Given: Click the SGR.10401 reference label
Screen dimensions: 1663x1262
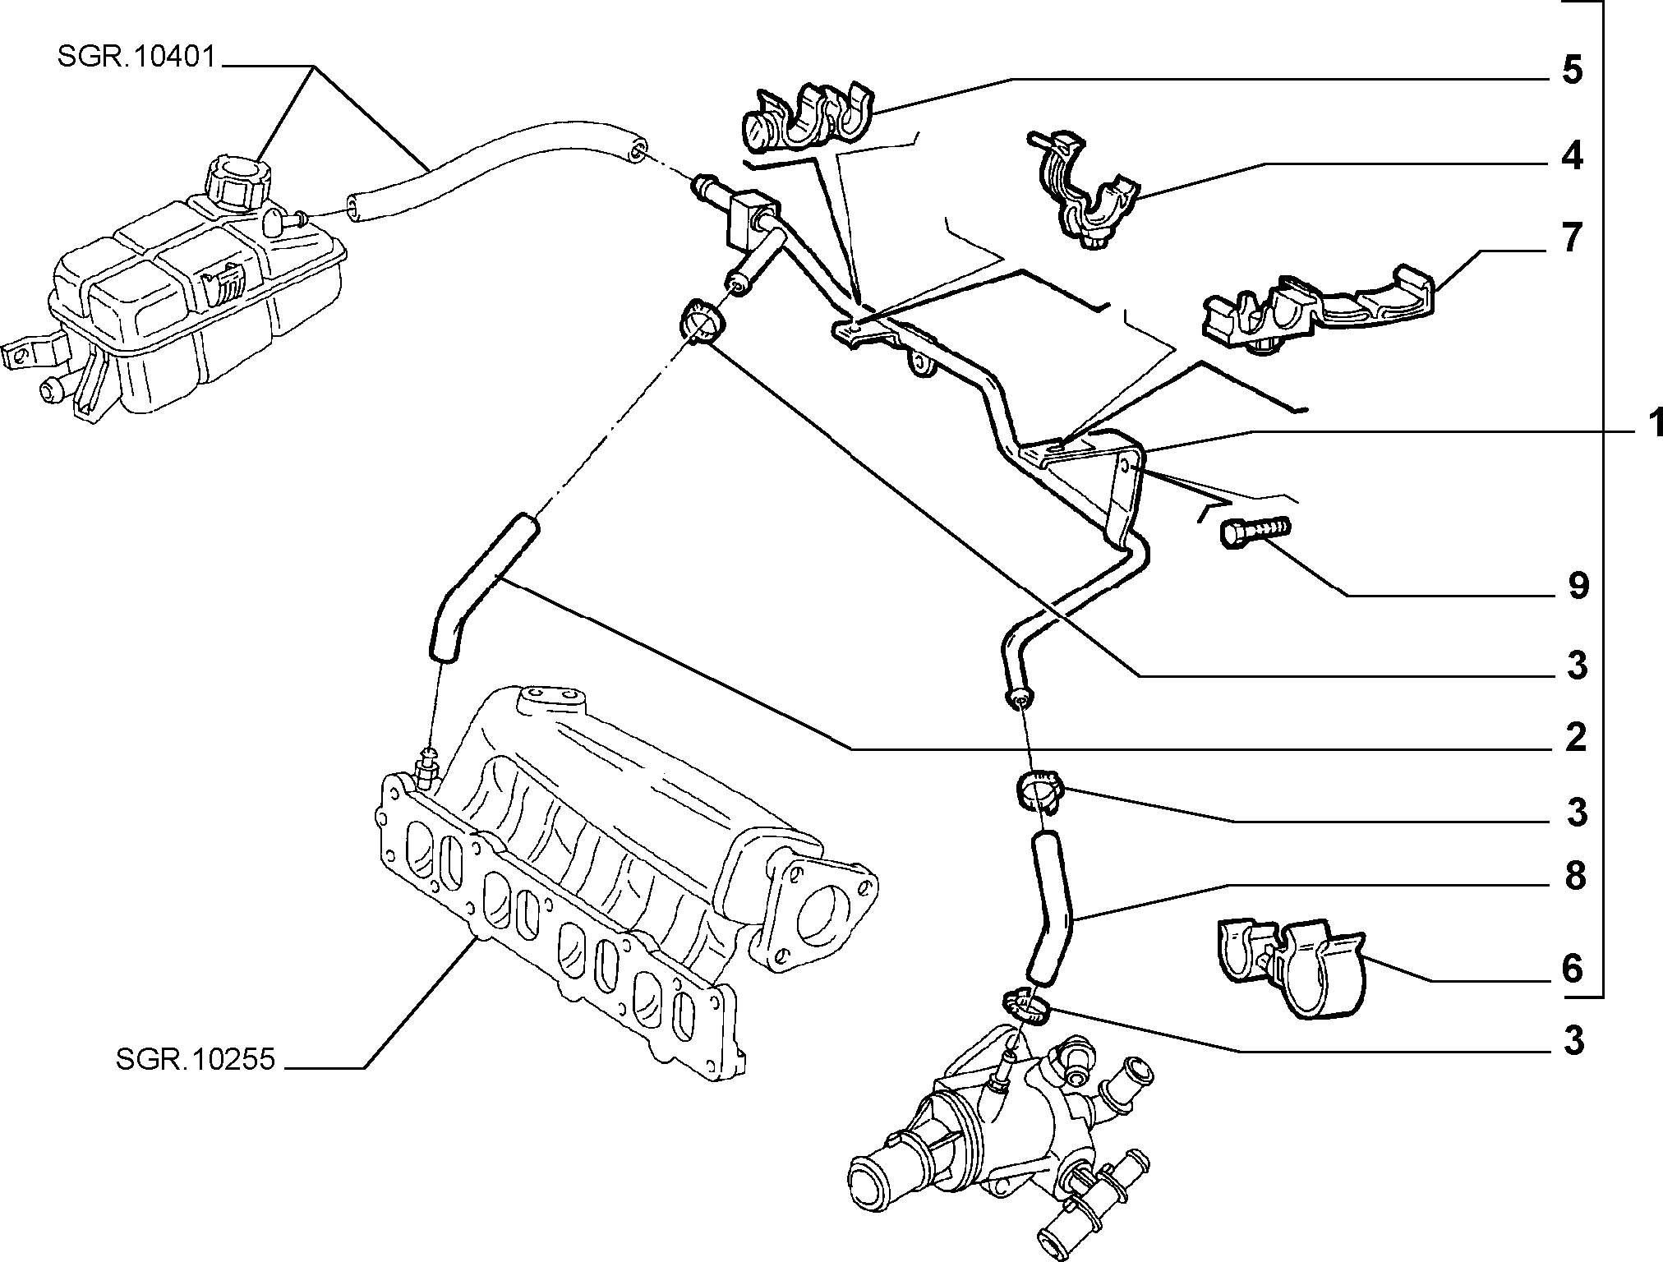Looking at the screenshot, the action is tap(136, 58).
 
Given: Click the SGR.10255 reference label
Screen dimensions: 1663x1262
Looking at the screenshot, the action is tap(195, 1059).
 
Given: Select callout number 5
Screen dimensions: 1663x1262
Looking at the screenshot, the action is tap(1572, 71).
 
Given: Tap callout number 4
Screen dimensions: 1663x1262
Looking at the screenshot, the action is tap(1572, 155).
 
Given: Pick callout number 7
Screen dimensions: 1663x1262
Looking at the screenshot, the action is tap(1571, 238).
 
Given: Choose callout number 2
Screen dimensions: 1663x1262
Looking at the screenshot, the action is tap(1575, 738).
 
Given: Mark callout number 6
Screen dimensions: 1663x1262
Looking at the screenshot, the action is tap(1572, 970).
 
